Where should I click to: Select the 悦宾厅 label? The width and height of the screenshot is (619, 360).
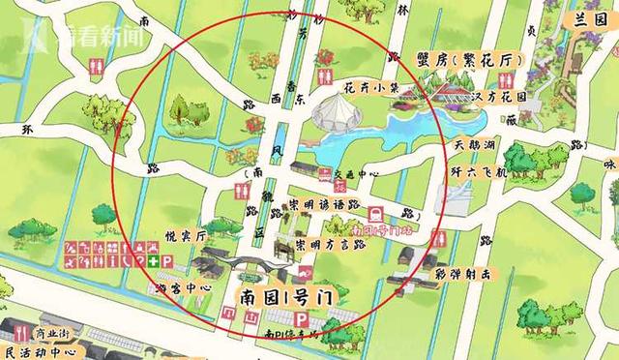181,235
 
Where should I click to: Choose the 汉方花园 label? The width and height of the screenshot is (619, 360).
500,98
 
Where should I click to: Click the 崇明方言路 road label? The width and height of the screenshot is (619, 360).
330,244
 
